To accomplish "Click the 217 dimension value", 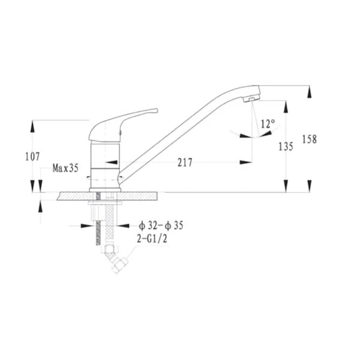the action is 185,163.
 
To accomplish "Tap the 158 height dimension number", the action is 309,139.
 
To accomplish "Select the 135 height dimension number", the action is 286,146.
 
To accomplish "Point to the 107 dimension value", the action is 32,157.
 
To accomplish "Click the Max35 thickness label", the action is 65,168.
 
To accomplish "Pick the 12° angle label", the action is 268,124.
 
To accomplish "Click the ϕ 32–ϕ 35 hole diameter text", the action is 161,226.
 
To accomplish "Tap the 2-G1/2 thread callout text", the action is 152,239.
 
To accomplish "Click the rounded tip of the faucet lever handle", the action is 156,110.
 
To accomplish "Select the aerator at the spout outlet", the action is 251,100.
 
